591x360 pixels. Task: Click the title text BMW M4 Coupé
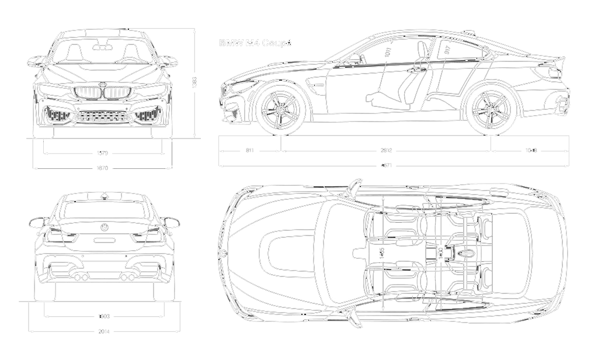[255, 43]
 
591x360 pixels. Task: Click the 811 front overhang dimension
[249, 151]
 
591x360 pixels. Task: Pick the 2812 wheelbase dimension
[385, 151]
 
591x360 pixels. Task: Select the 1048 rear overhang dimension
[530, 151]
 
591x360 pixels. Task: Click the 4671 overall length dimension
[385, 165]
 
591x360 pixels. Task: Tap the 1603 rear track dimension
[103, 317]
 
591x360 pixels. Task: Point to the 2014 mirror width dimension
[103, 331]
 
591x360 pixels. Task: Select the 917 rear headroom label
[447, 50]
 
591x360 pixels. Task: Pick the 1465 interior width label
[382, 253]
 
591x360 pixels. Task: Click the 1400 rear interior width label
[441, 253]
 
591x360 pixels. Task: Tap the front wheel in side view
[281, 110]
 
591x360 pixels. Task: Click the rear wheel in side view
[491, 110]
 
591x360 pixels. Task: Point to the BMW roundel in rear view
[103, 227]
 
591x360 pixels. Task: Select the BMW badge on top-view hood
[223, 254]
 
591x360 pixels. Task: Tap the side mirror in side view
[354, 58]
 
